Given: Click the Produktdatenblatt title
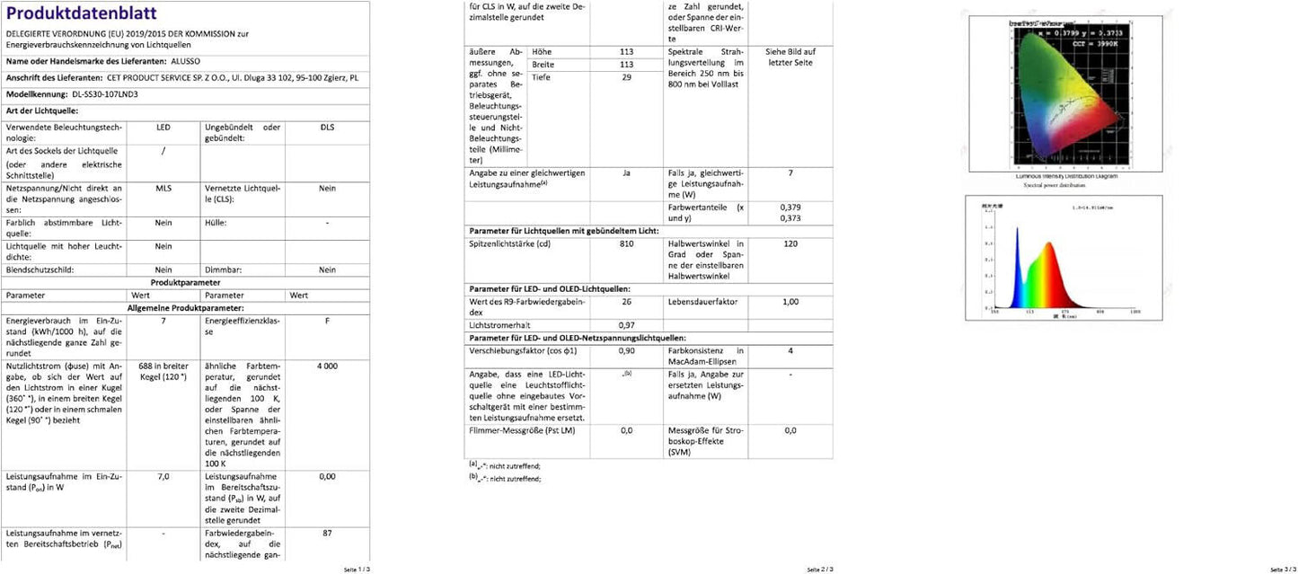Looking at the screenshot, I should pyautogui.click(x=82, y=13).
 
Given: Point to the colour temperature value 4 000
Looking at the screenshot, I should pyautogui.click(x=327, y=366).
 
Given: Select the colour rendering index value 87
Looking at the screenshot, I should pyautogui.click(x=327, y=533).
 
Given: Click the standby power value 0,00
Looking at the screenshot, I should pyautogui.click(x=327, y=477).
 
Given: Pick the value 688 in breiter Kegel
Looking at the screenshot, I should pyautogui.click(x=163, y=371).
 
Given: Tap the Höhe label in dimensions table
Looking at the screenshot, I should pyautogui.click(x=543, y=51).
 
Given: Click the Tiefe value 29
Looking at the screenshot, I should pyautogui.click(x=627, y=78).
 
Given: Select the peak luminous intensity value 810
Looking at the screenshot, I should pyautogui.click(x=627, y=243).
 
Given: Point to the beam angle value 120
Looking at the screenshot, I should pyautogui.click(x=790, y=243).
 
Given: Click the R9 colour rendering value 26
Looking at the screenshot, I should pyautogui.click(x=627, y=302).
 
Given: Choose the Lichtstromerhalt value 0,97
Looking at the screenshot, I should pyautogui.click(x=627, y=324).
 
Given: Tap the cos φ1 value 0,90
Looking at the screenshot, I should pyautogui.click(x=627, y=351).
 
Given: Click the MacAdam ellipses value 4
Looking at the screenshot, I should pyautogui.click(x=790, y=351).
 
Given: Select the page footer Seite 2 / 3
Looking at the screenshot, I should pyautogui.click(x=819, y=569).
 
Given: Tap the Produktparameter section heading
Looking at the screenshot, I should pyautogui.click(x=185, y=282).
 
